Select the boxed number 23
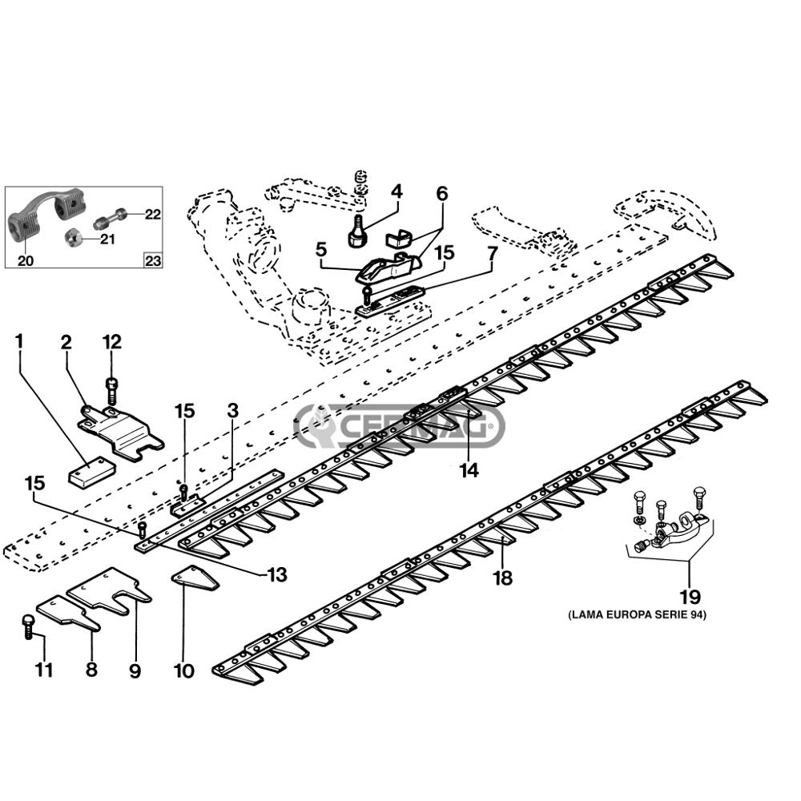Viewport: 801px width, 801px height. (151, 260)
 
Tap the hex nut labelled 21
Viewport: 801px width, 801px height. (73, 237)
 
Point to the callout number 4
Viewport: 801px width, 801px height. (396, 191)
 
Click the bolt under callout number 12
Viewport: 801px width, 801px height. (111, 391)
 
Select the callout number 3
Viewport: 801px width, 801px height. (232, 411)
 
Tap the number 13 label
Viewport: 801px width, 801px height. (276, 575)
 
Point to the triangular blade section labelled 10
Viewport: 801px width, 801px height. (195, 579)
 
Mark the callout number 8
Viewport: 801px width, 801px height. (91, 670)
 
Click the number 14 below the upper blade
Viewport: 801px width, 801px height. (469, 471)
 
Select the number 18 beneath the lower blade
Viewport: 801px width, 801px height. (502, 578)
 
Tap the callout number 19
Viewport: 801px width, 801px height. (690, 597)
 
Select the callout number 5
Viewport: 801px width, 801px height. (321, 249)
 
